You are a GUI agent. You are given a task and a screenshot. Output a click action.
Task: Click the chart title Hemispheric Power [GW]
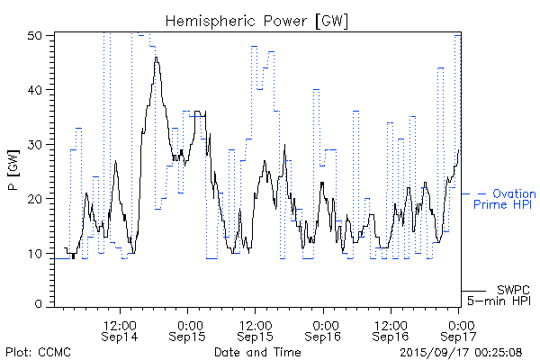[257, 20]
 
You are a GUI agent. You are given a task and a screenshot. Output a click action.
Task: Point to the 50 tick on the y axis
[37, 36]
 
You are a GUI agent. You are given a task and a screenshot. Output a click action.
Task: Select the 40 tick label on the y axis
[37, 90]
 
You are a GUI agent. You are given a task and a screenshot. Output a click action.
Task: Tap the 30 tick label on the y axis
[37, 144]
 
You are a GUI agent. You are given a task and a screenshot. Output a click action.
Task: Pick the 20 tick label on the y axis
[37, 198]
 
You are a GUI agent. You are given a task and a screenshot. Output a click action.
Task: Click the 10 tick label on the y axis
[37, 252]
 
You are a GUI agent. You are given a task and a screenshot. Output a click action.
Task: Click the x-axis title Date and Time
[257, 353]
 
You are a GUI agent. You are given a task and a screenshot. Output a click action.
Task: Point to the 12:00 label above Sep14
[121, 323]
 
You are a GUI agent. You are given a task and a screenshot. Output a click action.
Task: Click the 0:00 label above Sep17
[460, 323]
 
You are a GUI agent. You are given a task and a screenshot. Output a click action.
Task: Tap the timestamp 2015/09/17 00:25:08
[461, 353]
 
